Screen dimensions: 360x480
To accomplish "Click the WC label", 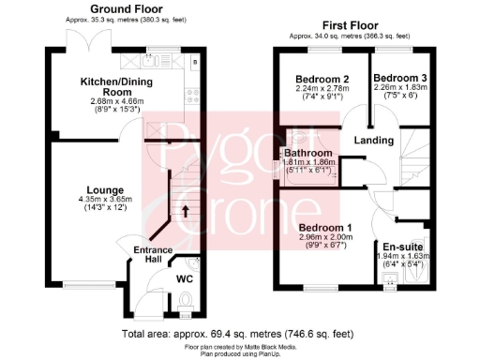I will (186, 277).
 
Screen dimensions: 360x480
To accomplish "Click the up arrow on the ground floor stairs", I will (184, 212).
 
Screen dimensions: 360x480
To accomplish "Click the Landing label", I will (372, 141).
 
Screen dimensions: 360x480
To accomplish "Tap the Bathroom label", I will (309, 152).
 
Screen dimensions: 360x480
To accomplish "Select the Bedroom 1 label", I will (325, 228).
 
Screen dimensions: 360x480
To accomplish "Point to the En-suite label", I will (404, 247).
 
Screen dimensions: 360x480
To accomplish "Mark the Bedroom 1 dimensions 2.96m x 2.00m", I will (325, 237).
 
